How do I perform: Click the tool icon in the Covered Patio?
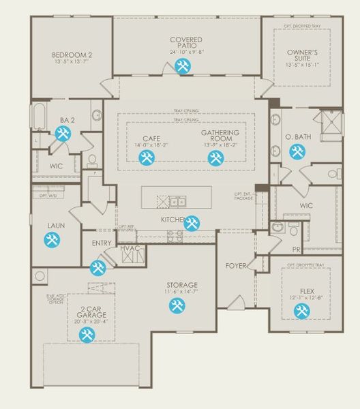[x=183, y=66]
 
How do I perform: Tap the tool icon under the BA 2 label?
[x=63, y=134]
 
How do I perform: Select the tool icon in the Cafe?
[x=147, y=158]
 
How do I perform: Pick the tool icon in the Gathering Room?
[x=215, y=158]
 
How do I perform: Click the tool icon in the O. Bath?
[x=297, y=151]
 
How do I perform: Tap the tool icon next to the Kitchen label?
[x=192, y=222]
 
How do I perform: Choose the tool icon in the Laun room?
[x=51, y=240]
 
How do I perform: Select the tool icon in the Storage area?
[x=177, y=306]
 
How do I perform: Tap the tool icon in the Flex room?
[x=301, y=312]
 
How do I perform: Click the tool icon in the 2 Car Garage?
[x=87, y=335]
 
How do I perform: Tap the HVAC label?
[x=130, y=248]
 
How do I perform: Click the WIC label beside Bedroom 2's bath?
[x=57, y=166]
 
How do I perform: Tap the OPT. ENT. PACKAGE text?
[x=243, y=196]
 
